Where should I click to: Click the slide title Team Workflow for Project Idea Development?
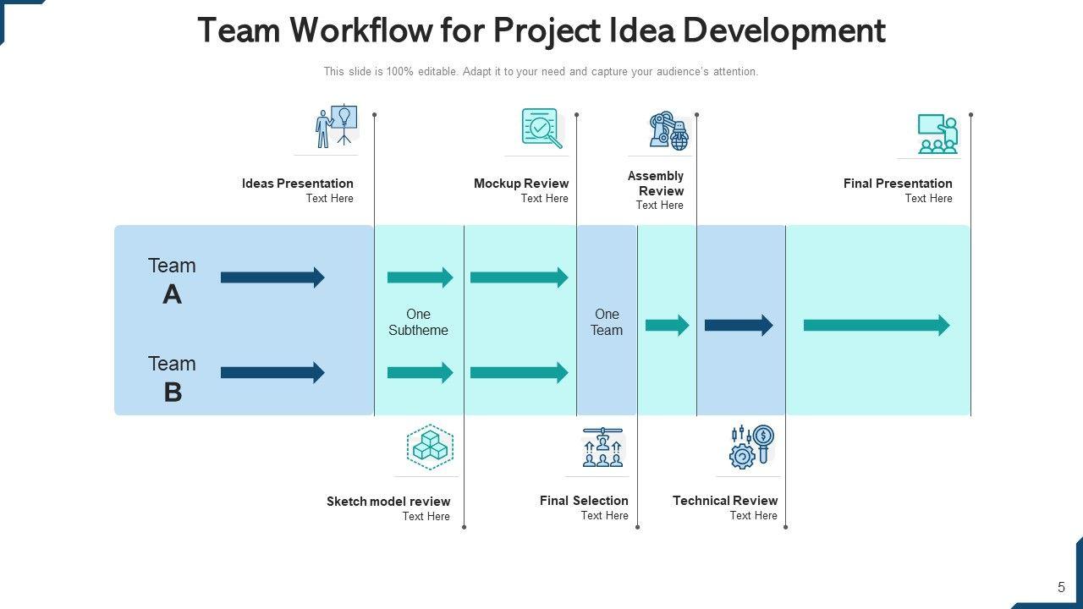pos(541,30)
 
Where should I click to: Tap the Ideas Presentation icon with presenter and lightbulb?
pos(336,126)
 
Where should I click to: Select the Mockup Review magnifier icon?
pos(541,128)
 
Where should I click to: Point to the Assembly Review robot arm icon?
pos(668,131)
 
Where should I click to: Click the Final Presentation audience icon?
pos(937,134)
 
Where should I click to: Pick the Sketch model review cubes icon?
pos(430,447)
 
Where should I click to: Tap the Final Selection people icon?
pos(602,447)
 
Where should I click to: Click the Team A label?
pos(172,280)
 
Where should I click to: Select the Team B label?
pos(172,378)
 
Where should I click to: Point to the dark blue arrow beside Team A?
pos(272,277)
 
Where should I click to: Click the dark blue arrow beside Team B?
pos(272,372)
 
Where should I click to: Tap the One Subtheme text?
pos(418,322)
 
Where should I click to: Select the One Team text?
pos(607,322)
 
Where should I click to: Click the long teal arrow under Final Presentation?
pos(877,325)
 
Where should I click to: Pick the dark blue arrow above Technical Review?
pos(739,325)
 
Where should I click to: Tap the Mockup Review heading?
pos(521,184)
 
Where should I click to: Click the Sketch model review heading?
pos(388,502)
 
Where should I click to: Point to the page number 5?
pos(1061,587)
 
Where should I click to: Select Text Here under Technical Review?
pos(753,515)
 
